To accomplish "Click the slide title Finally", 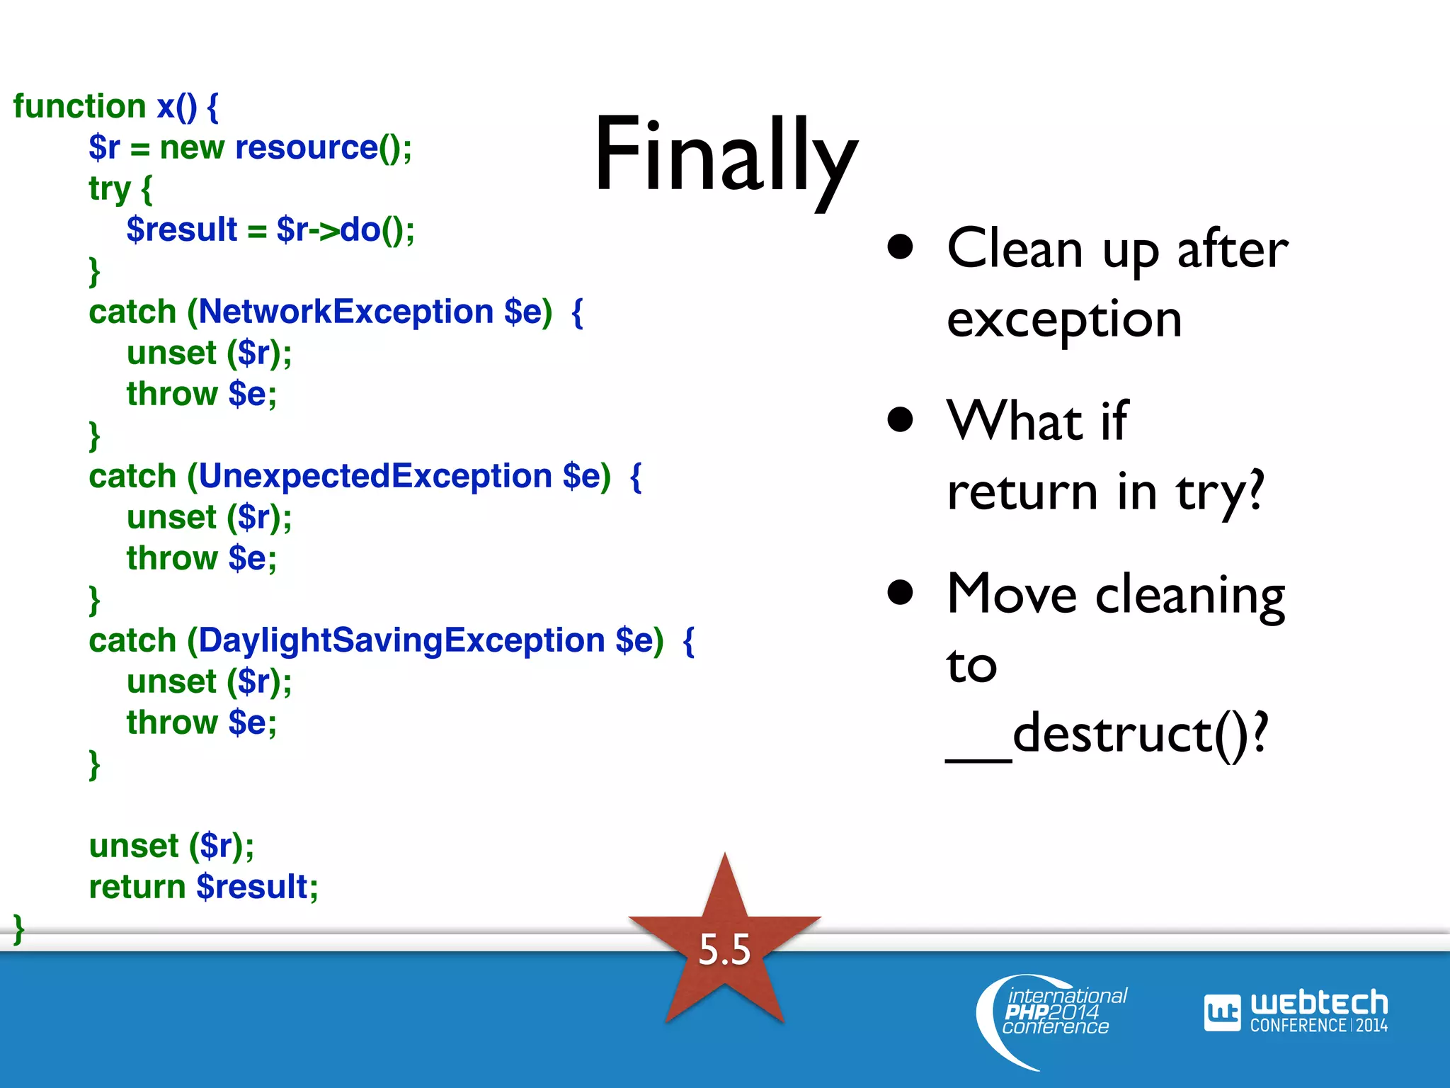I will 726,156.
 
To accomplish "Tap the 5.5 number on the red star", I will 724,949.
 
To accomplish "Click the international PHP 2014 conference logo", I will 1055,1013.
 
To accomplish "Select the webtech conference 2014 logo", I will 1296,1011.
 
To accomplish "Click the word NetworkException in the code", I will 346,312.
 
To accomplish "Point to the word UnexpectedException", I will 375,476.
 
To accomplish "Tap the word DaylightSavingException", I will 401,640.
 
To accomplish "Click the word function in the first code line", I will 79,106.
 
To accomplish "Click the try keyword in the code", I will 109,188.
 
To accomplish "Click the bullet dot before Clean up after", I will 900,247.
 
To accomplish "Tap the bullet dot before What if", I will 900,419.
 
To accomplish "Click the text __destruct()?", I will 1108,734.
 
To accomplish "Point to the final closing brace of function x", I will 19,928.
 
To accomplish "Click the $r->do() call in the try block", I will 344,229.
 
